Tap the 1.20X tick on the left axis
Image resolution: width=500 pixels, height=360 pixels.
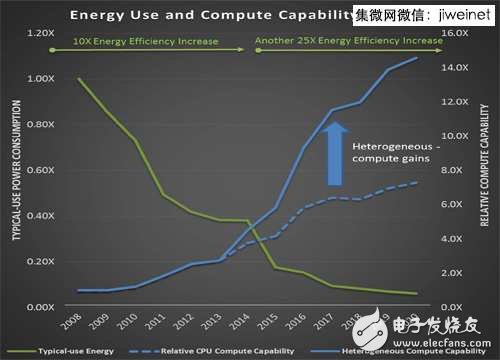coord(41,33)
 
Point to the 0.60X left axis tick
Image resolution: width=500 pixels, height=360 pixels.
coord(41,170)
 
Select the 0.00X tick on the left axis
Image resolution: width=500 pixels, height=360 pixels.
coord(41,306)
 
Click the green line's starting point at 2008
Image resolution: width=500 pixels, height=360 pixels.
coord(79,79)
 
